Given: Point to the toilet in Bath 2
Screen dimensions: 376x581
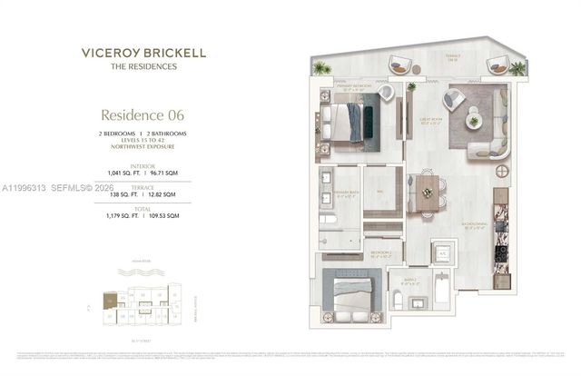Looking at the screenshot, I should (397, 300).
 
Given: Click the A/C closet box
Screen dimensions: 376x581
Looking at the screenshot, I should (443, 251).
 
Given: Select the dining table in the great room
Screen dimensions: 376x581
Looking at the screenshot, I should (428, 193).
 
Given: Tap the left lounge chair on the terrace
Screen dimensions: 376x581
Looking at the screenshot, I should (399, 64).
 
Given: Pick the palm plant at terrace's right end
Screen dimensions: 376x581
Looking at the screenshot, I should (517, 67).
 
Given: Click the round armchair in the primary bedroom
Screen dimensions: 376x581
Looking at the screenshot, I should (386, 93).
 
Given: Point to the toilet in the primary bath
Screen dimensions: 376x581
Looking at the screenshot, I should (329, 218).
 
